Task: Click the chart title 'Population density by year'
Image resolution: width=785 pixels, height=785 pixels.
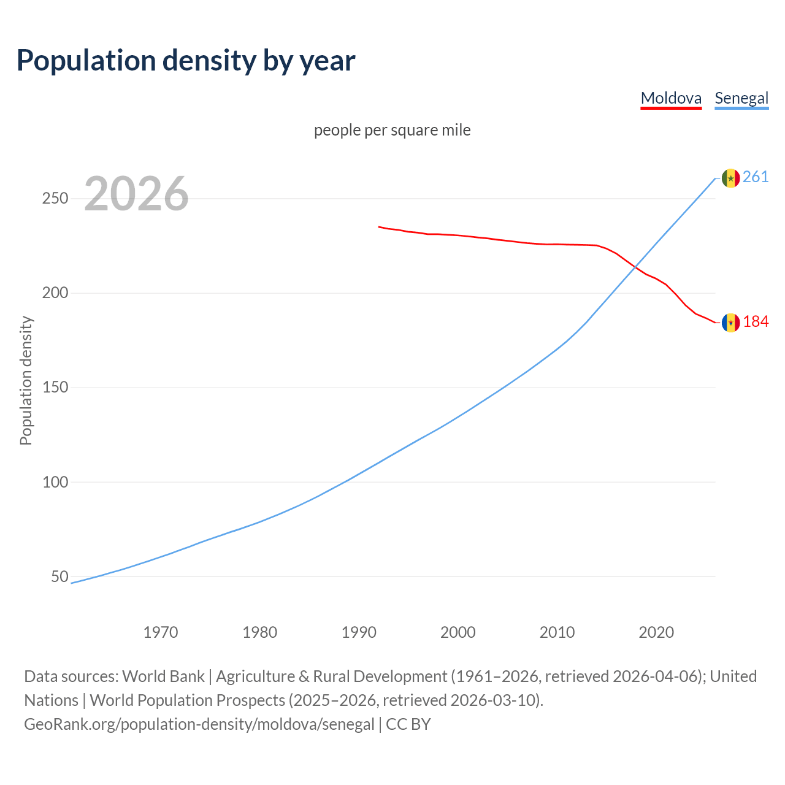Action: pos(186,61)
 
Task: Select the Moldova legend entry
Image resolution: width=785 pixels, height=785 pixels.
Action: pos(671,98)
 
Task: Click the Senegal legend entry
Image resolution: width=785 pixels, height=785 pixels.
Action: pos(741,98)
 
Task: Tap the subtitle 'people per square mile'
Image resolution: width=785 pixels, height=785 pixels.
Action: pos(392,131)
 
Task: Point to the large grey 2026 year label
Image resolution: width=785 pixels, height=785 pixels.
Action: pos(136,194)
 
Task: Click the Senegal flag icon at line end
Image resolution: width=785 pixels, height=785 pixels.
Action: pos(730,178)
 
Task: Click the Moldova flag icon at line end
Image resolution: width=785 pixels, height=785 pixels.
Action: pos(730,323)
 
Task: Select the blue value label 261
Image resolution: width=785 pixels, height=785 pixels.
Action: pos(756,177)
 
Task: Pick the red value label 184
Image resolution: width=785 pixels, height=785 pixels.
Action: pos(756,322)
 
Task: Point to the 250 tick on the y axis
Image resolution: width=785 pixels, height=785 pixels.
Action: pos(55,199)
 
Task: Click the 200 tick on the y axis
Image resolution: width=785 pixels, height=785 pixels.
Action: pos(55,293)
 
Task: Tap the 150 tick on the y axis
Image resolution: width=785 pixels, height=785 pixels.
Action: pos(55,388)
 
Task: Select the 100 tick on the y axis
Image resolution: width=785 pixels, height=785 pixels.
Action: pos(55,482)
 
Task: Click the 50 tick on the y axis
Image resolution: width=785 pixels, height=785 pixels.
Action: pos(59,576)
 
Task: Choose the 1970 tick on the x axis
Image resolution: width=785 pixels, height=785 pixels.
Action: pos(161,632)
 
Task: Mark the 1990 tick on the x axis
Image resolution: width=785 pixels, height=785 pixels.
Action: pos(359,632)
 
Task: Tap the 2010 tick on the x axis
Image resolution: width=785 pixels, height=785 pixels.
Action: pos(557,632)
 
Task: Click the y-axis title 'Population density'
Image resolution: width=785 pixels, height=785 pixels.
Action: pos(26,380)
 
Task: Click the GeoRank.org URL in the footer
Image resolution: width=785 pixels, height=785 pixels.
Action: pos(199,724)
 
